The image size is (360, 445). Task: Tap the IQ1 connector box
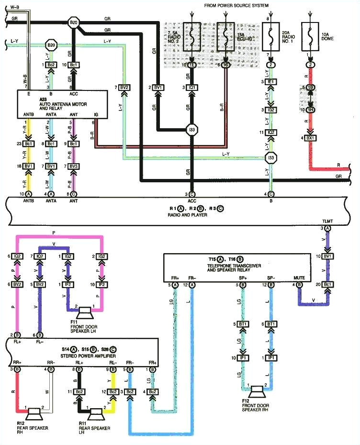191,88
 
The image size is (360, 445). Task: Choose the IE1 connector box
271,83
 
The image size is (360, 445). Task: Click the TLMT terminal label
327,221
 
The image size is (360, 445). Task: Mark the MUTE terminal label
299,278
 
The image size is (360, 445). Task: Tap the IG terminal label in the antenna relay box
96,115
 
